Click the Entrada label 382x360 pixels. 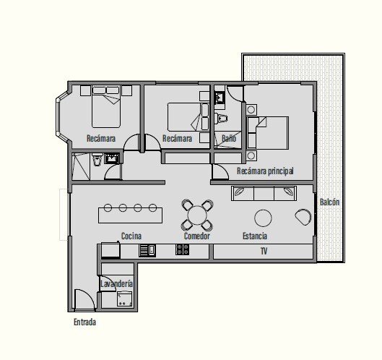click(x=84, y=322)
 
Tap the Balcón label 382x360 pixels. click(x=329, y=202)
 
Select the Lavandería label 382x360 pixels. click(x=117, y=283)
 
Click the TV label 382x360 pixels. click(x=264, y=251)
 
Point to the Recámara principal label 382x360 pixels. click(x=265, y=171)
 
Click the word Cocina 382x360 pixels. click(x=131, y=236)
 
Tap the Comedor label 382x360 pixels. click(x=197, y=236)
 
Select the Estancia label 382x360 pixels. click(x=255, y=236)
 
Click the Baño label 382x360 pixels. click(x=229, y=138)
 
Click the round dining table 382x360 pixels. click(x=197, y=215)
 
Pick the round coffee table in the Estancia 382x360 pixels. click(x=263, y=218)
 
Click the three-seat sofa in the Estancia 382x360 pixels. click(x=264, y=194)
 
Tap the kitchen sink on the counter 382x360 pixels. click(x=147, y=251)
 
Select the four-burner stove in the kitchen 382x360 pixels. click(x=182, y=249)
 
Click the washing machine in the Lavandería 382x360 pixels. click(x=124, y=299)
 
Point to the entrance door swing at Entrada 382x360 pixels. click(x=84, y=300)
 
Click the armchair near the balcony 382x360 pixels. click(x=303, y=217)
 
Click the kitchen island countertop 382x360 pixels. click(x=130, y=215)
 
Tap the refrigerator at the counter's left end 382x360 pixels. click(x=110, y=250)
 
